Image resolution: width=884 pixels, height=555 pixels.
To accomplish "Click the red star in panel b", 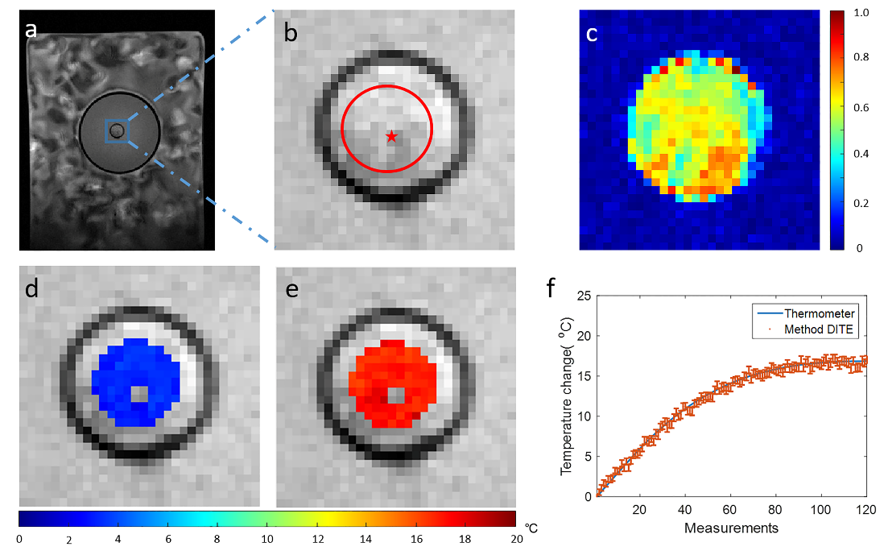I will pos(391,137).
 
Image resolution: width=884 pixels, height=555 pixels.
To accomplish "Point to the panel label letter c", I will pos(592,34).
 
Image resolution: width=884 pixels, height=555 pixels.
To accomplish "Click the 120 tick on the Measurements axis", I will pos(866,510).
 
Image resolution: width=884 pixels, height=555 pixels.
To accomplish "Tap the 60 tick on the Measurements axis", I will pos(731,510).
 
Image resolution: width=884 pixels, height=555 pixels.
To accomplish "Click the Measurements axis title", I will pos(731,528).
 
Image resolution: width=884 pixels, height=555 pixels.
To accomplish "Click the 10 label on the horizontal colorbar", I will pos(266,537).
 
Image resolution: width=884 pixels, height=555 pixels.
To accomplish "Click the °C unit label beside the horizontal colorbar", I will pos(532,528).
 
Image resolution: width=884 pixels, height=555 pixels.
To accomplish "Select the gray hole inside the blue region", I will pos(140,393).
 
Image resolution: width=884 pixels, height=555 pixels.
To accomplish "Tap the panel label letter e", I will pos(291,289).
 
